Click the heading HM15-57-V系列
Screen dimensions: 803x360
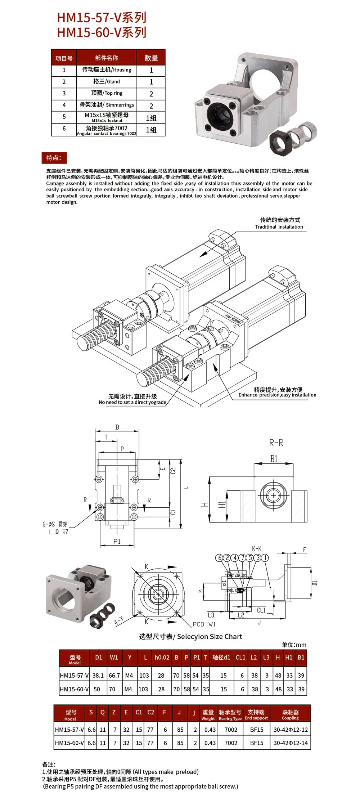[x=102, y=18]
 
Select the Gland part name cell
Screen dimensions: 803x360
[x=107, y=82]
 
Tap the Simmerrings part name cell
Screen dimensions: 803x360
[x=107, y=105]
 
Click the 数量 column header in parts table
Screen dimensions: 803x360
[x=151, y=58]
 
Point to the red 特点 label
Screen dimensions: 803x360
[x=54, y=158]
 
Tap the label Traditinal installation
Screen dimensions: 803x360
[x=279, y=227]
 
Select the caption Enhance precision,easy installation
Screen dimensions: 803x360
[x=277, y=395]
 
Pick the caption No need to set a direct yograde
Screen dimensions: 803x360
[x=132, y=402]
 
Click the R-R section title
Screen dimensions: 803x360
[x=276, y=443]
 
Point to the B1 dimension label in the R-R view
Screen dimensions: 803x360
[x=274, y=459]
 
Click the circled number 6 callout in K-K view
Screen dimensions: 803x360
[x=219, y=558]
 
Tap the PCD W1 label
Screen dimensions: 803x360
[x=204, y=624]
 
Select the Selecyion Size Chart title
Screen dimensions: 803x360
[x=190, y=637]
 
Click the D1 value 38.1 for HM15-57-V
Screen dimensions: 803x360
[x=98, y=676]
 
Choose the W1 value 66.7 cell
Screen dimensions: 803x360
[x=114, y=676]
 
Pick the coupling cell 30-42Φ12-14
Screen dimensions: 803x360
[x=291, y=743]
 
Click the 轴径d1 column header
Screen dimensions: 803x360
[x=221, y=658]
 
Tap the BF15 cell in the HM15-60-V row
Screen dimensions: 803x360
[x=257, y=743]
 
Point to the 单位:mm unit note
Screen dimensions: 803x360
[x=294, y=645]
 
